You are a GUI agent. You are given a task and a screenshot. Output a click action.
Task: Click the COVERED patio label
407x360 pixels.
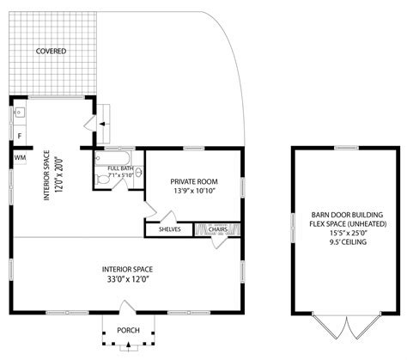pos(51,52)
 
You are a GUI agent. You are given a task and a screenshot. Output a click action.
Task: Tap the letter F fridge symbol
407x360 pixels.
pos(19,136)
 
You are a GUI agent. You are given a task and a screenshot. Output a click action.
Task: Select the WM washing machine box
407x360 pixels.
pos(19,158)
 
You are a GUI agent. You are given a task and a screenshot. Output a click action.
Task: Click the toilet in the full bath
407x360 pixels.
pos(103,179)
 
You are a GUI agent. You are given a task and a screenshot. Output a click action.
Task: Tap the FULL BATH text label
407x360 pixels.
pos(119,168)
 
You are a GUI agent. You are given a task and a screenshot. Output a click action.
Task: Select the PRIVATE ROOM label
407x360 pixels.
pos(193,182)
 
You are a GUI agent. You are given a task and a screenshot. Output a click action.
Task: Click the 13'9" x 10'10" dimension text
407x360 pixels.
pos(193,192)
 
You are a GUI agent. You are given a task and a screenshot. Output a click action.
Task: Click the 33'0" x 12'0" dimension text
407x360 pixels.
pos(127,278)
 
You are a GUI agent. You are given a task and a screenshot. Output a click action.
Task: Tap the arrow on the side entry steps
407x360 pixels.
pos(102,124)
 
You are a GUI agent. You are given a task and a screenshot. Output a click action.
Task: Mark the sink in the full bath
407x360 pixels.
pos(137,173)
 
